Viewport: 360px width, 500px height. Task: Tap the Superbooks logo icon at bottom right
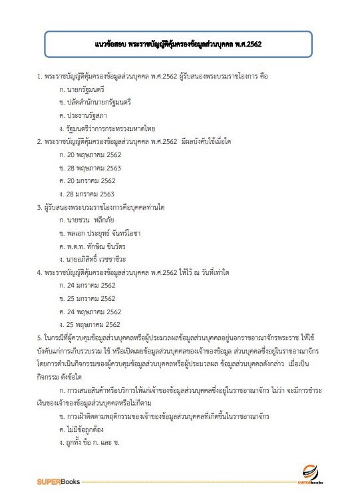310,474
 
